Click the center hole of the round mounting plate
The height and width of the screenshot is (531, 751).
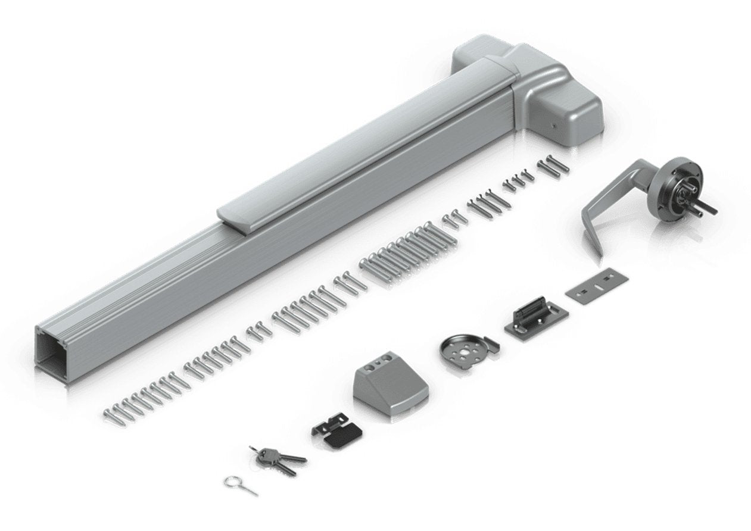coord(463,352)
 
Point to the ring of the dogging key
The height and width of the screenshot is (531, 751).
coord(232,482)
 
